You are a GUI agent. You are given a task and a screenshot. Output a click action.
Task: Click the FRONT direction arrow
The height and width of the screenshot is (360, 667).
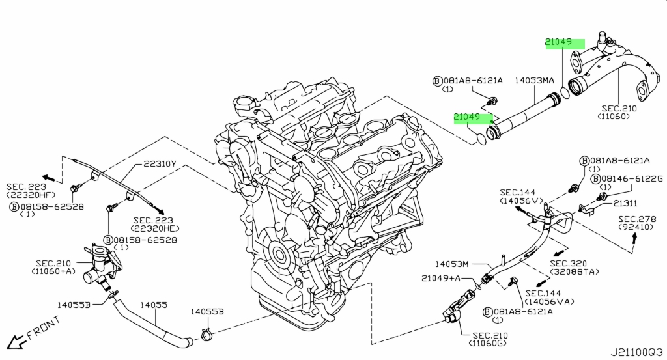(16, 341)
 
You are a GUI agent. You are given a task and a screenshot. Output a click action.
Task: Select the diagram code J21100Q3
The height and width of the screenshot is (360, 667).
(637, 352)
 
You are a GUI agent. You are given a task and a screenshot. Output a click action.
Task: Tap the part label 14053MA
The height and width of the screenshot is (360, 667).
(534, 80)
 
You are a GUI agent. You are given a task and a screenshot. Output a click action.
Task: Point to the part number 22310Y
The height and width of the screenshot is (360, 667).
(160, 163)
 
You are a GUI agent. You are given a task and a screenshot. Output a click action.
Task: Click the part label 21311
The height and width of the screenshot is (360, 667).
(625, 204)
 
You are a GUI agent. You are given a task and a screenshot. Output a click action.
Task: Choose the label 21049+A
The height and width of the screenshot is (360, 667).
(441, 278)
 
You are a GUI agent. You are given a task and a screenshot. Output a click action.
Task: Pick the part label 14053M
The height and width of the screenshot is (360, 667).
(452, 264)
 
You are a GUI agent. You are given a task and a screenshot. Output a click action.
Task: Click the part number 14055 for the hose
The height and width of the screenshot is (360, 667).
(154, 305)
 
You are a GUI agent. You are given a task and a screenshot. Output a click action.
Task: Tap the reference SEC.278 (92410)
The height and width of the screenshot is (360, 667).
(636, 223)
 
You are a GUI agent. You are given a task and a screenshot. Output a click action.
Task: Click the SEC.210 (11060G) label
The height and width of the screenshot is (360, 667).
(490, 339)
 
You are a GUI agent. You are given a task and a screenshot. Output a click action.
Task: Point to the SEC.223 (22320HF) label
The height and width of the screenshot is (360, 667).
(31, 190)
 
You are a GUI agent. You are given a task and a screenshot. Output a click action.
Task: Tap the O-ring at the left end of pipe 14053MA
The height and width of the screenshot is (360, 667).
(481, 139)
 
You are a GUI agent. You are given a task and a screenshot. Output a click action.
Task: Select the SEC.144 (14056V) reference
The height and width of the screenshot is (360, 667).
(522, 197)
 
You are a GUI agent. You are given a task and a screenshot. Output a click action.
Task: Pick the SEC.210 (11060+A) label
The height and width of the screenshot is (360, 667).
(53, 267)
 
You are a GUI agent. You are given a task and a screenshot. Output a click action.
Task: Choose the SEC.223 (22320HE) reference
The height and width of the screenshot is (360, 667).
(153, 224)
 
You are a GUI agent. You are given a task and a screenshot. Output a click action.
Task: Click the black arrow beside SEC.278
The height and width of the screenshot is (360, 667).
(634, 240)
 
